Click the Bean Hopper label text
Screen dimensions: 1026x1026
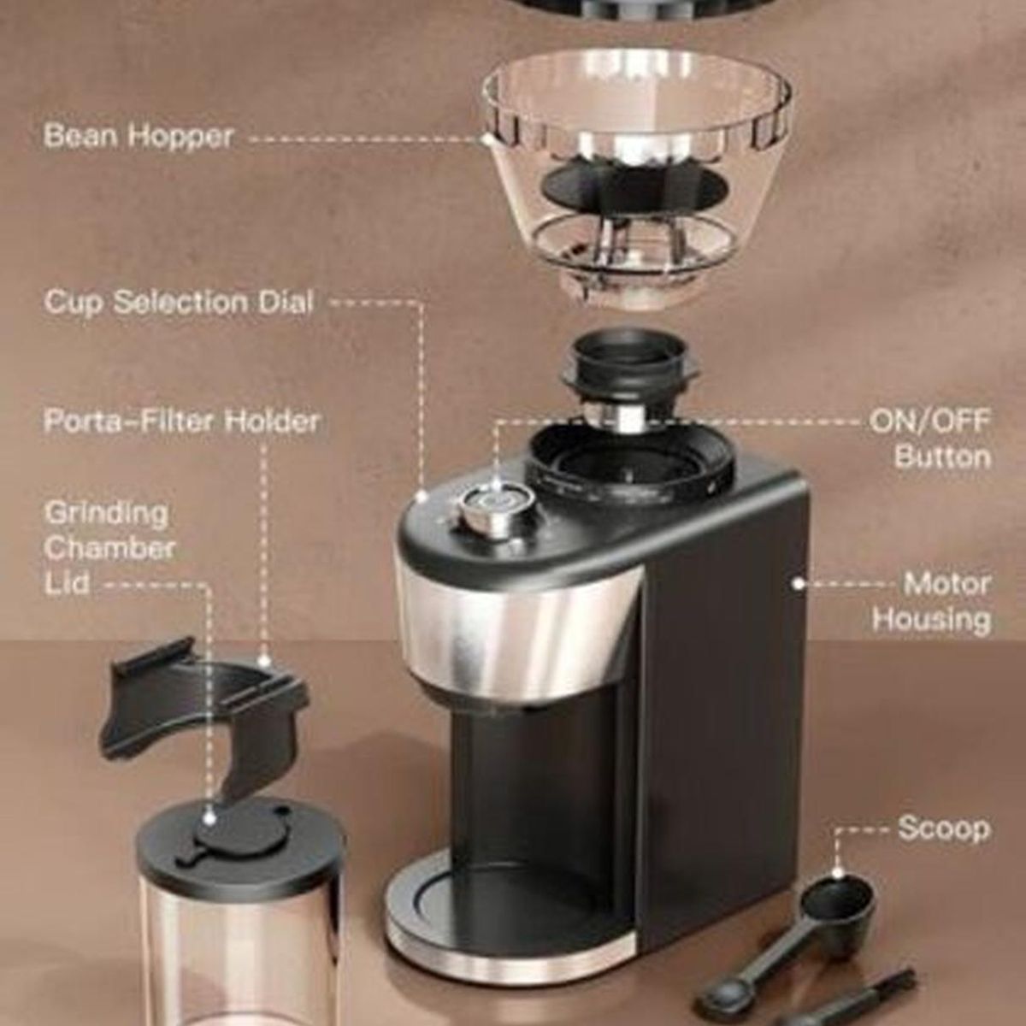coord(139,136)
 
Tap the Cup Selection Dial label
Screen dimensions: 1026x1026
coord(179,302)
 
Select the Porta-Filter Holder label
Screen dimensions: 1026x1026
coord(181,422)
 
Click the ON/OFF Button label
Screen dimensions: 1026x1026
coord(930,439)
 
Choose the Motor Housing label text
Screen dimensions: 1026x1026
coord(932,602)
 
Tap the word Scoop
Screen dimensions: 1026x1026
coord(945,843)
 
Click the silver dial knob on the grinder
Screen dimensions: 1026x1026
coord(496,509)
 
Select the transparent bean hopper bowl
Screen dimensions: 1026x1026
coord(636,181)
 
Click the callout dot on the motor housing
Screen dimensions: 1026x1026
coord(798,584)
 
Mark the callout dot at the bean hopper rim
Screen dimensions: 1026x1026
coord(487,140)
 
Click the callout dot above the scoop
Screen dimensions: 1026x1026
coord(838,873)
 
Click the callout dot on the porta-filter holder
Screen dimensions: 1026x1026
coord(263,662)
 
